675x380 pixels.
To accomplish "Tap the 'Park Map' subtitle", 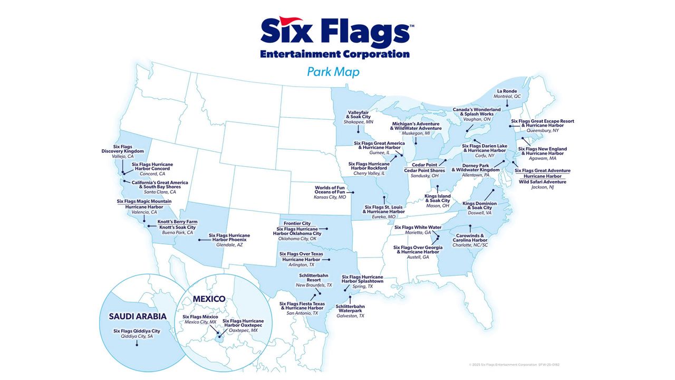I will point(333,71).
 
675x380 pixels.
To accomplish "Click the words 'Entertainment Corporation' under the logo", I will point(334,54).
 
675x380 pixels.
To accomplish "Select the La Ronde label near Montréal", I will point(506,91).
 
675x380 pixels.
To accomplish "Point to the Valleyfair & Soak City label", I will point(358,114).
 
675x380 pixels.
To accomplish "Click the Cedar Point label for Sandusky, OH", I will point(425,164).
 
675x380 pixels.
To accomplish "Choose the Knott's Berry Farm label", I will point(177,222).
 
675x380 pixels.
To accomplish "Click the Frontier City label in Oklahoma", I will point(297,223).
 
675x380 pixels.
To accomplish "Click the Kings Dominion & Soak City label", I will point(479,203).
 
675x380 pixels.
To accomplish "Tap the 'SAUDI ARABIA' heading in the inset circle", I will point(138,316).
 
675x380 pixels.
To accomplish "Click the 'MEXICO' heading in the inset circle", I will point(209,299).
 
